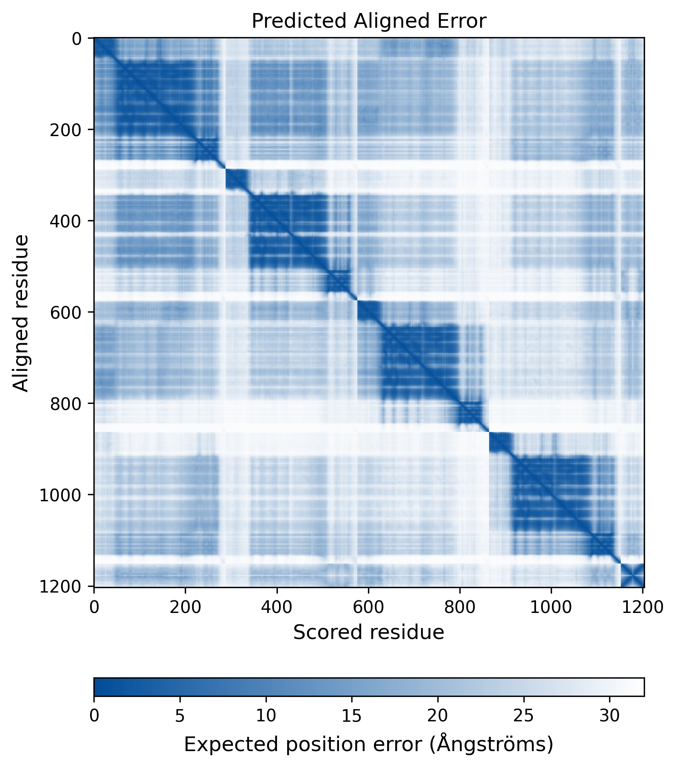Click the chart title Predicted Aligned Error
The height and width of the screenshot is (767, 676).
click(x=369, y=21)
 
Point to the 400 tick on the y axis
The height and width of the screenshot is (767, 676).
click(x=65, y=221)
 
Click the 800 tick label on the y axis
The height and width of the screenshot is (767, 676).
click(x=65, y=403)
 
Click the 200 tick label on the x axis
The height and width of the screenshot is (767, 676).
click(x=186, y=607)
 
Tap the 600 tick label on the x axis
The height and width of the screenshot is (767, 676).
click(x=368, y=607)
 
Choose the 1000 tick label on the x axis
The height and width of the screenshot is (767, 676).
click(x=551, y=607)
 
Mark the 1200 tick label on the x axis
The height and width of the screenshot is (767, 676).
click(x=643, y=607)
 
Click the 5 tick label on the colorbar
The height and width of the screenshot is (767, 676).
click(x=180, y=716)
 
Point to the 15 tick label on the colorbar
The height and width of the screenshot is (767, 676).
click(x=352, y=716)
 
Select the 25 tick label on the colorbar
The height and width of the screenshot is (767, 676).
click(x=524, y=716)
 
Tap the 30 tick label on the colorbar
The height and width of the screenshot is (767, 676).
click(x=610, y=716)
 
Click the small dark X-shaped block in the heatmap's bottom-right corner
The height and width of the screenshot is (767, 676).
click(x=632, y=575)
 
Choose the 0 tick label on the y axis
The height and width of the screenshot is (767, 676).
click(x=77, y=39)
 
